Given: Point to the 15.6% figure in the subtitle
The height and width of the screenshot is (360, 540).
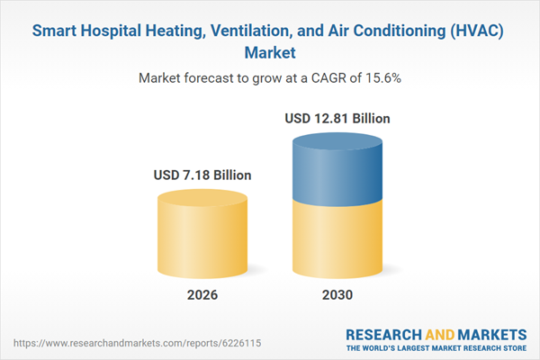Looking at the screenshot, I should click(x=381, y=78).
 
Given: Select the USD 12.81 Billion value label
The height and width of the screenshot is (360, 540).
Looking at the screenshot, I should click(x=338, y=118).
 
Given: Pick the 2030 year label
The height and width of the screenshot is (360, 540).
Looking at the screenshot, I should click(x=338, y=295).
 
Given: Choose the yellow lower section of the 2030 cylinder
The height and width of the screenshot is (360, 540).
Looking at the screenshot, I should click(x=338, y=238).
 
